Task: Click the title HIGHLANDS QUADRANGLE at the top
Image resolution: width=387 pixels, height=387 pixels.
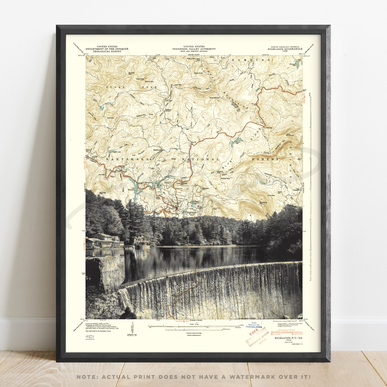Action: tap(285, 49)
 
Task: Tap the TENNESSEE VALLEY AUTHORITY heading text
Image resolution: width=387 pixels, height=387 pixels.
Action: tap(194, 49)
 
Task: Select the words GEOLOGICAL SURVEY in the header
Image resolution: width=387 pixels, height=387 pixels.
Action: tap(107, 51)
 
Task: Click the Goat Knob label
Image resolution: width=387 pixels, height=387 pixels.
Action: tap(198, 73)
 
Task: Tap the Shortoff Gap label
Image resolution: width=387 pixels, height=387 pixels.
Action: tap(215, 98)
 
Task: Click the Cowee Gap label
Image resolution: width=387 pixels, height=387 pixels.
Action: tap(268, 128)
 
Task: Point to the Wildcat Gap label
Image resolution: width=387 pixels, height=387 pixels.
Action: tap(225, 178)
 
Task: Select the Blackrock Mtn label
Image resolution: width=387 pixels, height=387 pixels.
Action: tap(263, 203)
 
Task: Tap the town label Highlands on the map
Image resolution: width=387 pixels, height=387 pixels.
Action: tap(191, 212)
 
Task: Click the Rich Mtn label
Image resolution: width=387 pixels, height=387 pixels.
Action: tap(111, 118)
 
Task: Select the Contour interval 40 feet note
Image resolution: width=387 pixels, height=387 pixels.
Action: tap(194, 333)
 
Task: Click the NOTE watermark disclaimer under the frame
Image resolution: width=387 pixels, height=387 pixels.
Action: tap(194, 377)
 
